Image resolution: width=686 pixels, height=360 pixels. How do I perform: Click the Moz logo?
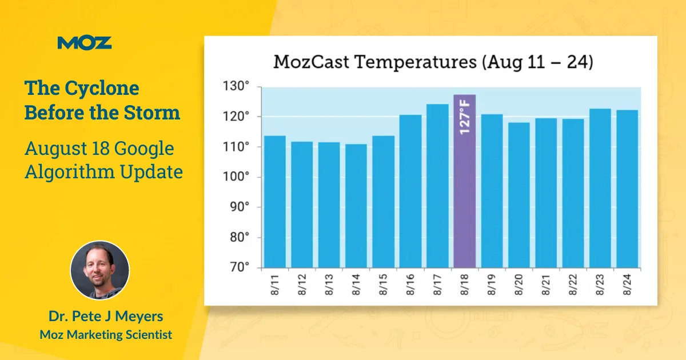85,42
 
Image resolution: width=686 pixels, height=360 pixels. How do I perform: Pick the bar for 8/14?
356,206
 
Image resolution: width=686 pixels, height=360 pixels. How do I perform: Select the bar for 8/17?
437,186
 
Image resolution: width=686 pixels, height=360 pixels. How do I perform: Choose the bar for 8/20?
519,195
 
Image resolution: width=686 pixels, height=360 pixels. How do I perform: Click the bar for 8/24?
627,189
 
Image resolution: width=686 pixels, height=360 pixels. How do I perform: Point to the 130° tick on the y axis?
238,87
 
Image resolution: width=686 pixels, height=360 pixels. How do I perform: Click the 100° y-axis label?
238,177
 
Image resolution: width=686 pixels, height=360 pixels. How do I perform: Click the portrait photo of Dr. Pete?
99,270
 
